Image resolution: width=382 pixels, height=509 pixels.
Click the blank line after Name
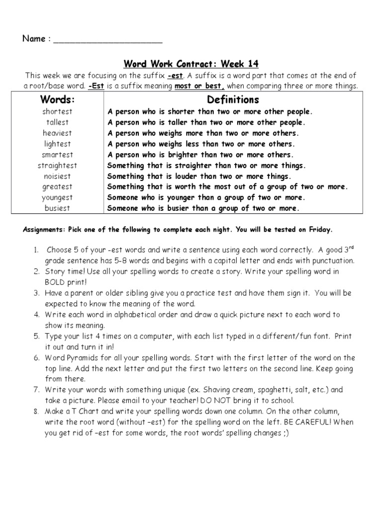tap(107, 40)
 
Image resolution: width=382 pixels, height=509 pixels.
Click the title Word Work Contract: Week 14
tap(191, 64)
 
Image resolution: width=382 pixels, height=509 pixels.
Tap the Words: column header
tap(57, 99)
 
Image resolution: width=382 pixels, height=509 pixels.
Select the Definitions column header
tap(233, 99)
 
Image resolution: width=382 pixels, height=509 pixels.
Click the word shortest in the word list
tap(57, 111)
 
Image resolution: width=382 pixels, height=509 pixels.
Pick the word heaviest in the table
tap(57, 133)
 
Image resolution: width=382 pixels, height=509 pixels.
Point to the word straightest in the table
tap(57, 166)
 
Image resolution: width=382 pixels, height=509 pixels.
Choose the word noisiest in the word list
tap(57, 176)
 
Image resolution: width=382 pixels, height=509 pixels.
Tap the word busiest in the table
tap(57, 209)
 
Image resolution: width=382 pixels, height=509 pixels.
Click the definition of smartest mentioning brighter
tap(201, 155)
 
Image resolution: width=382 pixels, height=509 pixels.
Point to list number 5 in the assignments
tap(36, 337)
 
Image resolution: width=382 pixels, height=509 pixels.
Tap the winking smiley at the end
tap(285, 433)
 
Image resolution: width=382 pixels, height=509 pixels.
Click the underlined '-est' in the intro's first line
tap(176, 76)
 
